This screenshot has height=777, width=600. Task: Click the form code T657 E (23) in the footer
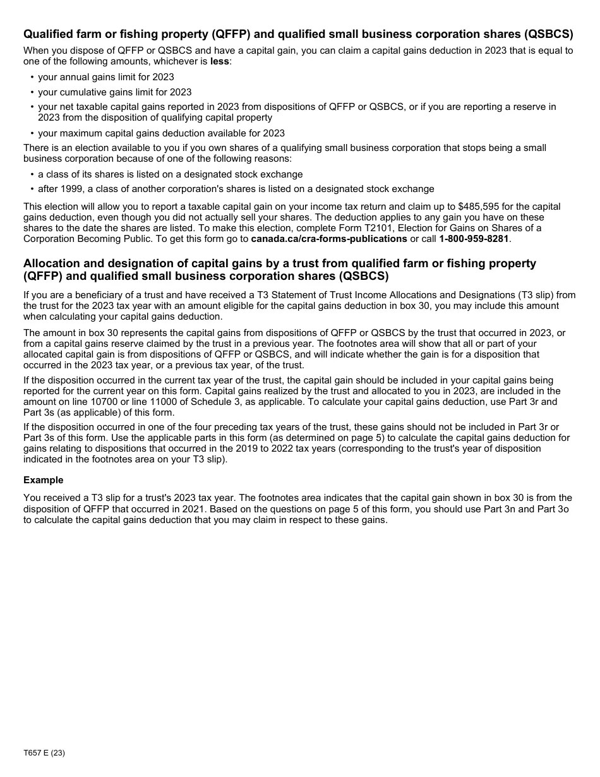44,753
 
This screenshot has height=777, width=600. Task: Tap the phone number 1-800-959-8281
474,239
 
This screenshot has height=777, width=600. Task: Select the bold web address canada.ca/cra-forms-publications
329,239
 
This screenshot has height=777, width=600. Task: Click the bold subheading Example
44,480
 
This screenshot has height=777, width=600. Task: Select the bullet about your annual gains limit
106,77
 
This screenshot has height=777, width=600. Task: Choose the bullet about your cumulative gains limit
114,92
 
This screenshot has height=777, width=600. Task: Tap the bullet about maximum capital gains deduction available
161,133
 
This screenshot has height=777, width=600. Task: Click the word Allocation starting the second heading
54,263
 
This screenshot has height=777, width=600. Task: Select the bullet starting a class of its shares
170,174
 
